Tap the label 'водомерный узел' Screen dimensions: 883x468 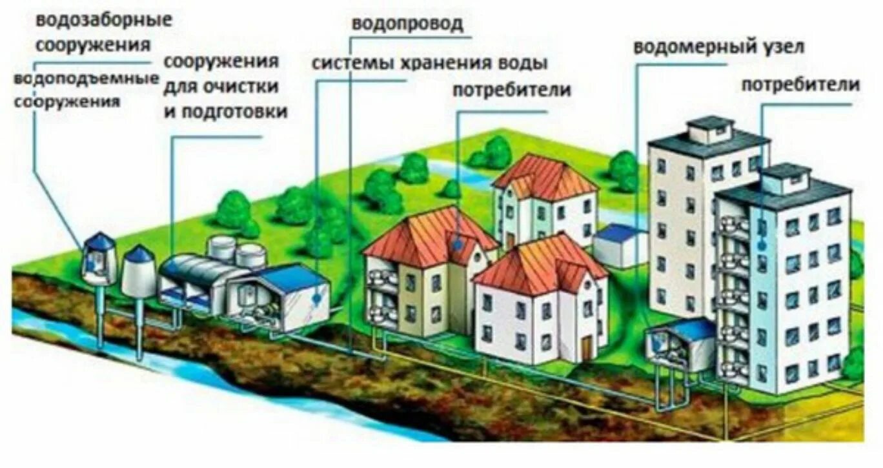coord(718,47)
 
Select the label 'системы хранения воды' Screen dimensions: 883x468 coord(429,63)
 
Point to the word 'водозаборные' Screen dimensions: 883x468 coord(104,19)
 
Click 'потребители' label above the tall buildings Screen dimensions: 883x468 coord(800,85)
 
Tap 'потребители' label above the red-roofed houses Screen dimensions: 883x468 coord(511,90)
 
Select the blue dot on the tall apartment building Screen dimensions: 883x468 coord(762,245)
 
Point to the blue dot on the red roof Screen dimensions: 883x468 coord(457,244)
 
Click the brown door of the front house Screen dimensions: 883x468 coord(586,349)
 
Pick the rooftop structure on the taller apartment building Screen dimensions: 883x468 coord(709,129)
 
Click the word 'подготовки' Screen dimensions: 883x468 coord(225,111)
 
